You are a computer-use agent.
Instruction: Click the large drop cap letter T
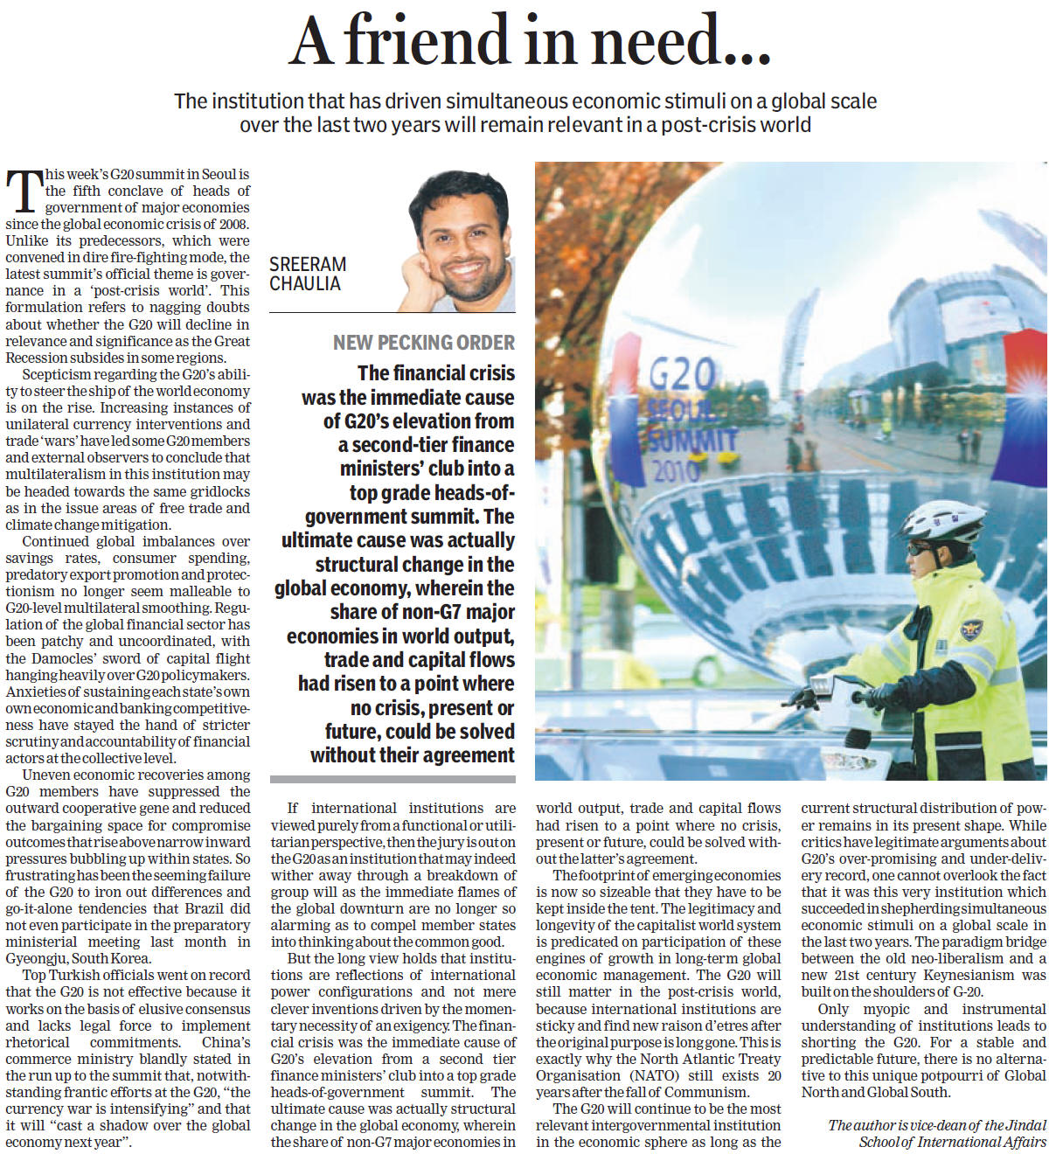pos(24,191)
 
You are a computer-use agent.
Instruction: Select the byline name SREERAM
pos(308,264)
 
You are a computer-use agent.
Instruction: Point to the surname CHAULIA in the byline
pos(305,283)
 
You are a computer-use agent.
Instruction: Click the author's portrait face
pos(461,236)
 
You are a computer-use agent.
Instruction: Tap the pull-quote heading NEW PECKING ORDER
pos(423,343)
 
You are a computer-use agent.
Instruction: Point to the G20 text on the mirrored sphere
pos(682,375)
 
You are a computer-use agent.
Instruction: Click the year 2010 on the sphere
pos(676,471)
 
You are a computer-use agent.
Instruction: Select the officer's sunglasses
pos(921,549)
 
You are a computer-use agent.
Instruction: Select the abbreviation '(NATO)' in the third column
pos(650,1075)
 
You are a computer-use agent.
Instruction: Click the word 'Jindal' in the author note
pos(1025,1125)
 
